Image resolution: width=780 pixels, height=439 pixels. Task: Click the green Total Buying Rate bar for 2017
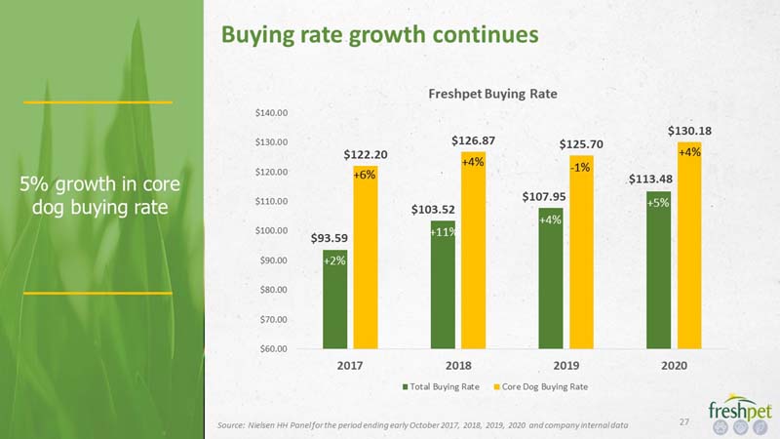click(x=334, y=299)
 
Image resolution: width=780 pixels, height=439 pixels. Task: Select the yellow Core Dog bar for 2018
click(x=473, y=251)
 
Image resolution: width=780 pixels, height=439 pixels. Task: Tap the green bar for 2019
click(x=551, y=278)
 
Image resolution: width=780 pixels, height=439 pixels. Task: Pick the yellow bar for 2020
click(x=689, y=246)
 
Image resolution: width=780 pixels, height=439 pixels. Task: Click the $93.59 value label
click(x=330, y=238)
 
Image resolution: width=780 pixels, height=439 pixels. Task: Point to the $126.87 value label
click(x=473, y=140)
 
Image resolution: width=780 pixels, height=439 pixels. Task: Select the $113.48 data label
click(x=650, y=180)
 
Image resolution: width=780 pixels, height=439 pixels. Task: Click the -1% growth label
click(x=580, y=168)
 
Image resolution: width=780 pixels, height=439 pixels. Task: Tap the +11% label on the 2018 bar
click(x=444, y=232)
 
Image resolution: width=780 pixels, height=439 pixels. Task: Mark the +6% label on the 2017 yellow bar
click(x=364, y=176)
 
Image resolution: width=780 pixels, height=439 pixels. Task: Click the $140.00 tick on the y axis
click(x=271, y=113)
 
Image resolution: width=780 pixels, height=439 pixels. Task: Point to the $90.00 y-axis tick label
click(x=273, y=260)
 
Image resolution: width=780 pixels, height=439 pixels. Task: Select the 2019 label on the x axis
click(x=566, y=365)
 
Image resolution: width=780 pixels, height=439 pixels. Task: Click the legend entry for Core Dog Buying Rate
click(x=541, y=386)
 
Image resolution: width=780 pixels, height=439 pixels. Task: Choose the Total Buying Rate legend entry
click(x=441, y=386)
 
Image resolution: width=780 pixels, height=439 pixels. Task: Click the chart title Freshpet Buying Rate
click(x=492, y=94)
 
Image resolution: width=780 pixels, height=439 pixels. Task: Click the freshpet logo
click(x=740, y=414)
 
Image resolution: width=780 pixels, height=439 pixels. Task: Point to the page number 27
click(x=684, y=421)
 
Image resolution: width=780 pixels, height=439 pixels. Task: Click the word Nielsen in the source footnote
click(x=261, y=425)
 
